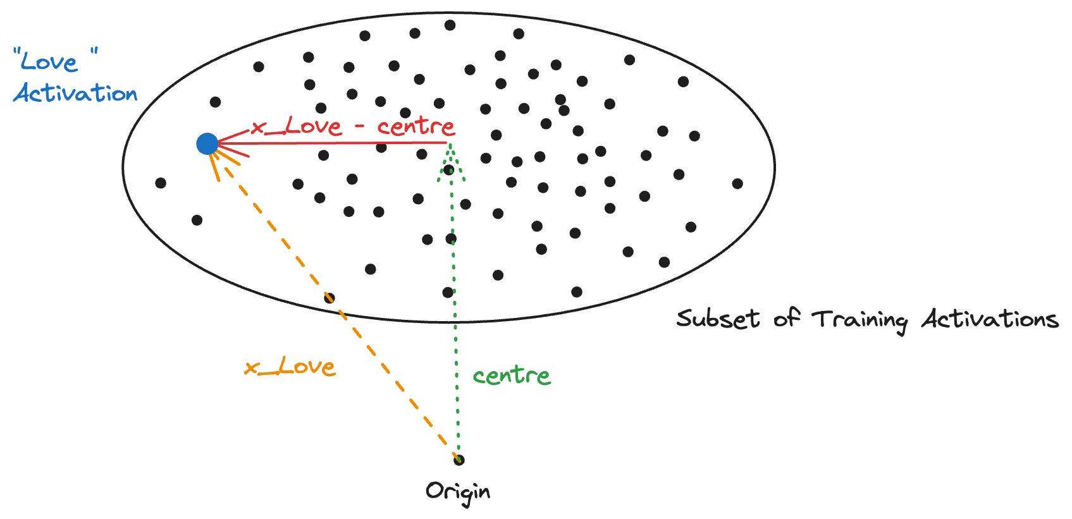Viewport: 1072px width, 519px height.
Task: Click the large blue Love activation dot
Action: (207, 144)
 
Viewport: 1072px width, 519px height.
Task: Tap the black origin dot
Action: (459, 460)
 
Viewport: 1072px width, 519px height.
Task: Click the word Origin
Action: (457, 492)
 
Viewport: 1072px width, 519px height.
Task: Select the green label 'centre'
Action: (512, 376)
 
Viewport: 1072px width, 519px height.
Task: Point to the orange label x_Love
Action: (290, 367)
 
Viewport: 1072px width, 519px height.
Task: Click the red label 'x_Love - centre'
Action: (352, 126)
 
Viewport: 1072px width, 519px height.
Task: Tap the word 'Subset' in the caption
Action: (718, 319)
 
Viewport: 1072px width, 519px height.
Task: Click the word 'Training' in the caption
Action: (860, 320)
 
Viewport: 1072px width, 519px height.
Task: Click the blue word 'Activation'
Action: (75, 94)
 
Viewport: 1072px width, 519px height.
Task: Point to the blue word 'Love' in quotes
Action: (49, 62)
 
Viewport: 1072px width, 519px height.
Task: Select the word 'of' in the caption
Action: (787, 318)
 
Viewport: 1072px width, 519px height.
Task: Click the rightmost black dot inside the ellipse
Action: (737, 184)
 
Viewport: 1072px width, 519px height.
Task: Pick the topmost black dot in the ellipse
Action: (450, 25)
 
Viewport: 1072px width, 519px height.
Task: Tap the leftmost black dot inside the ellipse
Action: (161, 183)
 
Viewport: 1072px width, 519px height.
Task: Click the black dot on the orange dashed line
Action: (329, 298)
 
